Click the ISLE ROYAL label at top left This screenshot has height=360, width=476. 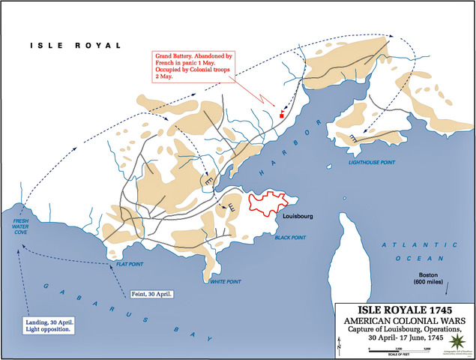pos(62,46)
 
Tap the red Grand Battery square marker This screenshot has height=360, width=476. pos(281,115)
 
